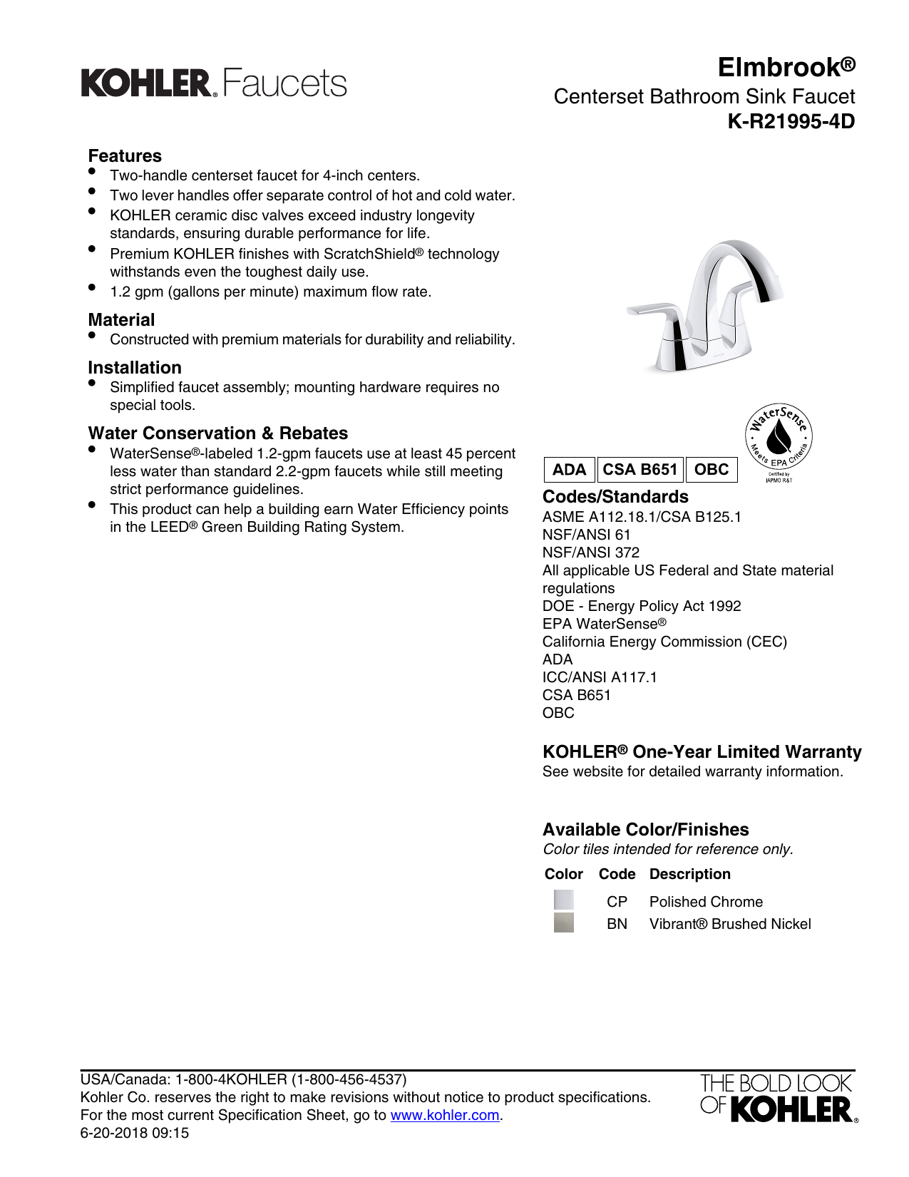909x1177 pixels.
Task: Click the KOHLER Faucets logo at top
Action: [214, 83]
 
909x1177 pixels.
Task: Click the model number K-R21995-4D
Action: [791, 122]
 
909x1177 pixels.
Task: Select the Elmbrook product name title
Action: [786, 67]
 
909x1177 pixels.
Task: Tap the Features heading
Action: [125, 156]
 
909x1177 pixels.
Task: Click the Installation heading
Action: [135, 368]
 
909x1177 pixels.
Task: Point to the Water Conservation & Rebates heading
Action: [218, 433]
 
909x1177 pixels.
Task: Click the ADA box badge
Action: [569, 470]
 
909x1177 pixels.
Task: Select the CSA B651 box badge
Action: [640, 470]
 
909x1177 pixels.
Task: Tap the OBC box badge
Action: [712, 470]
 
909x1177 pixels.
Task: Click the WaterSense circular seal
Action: [779, 436]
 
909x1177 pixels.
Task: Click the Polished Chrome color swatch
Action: [563, 900]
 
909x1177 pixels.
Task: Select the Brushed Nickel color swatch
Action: [563, 923]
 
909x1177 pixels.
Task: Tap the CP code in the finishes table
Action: [617, 902]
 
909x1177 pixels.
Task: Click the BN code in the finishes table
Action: [617, 924]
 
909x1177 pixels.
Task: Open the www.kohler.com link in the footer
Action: [445, 1115]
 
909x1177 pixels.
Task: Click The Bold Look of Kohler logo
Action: [778, 1098]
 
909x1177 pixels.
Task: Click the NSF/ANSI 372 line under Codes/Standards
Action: [591, 552]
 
